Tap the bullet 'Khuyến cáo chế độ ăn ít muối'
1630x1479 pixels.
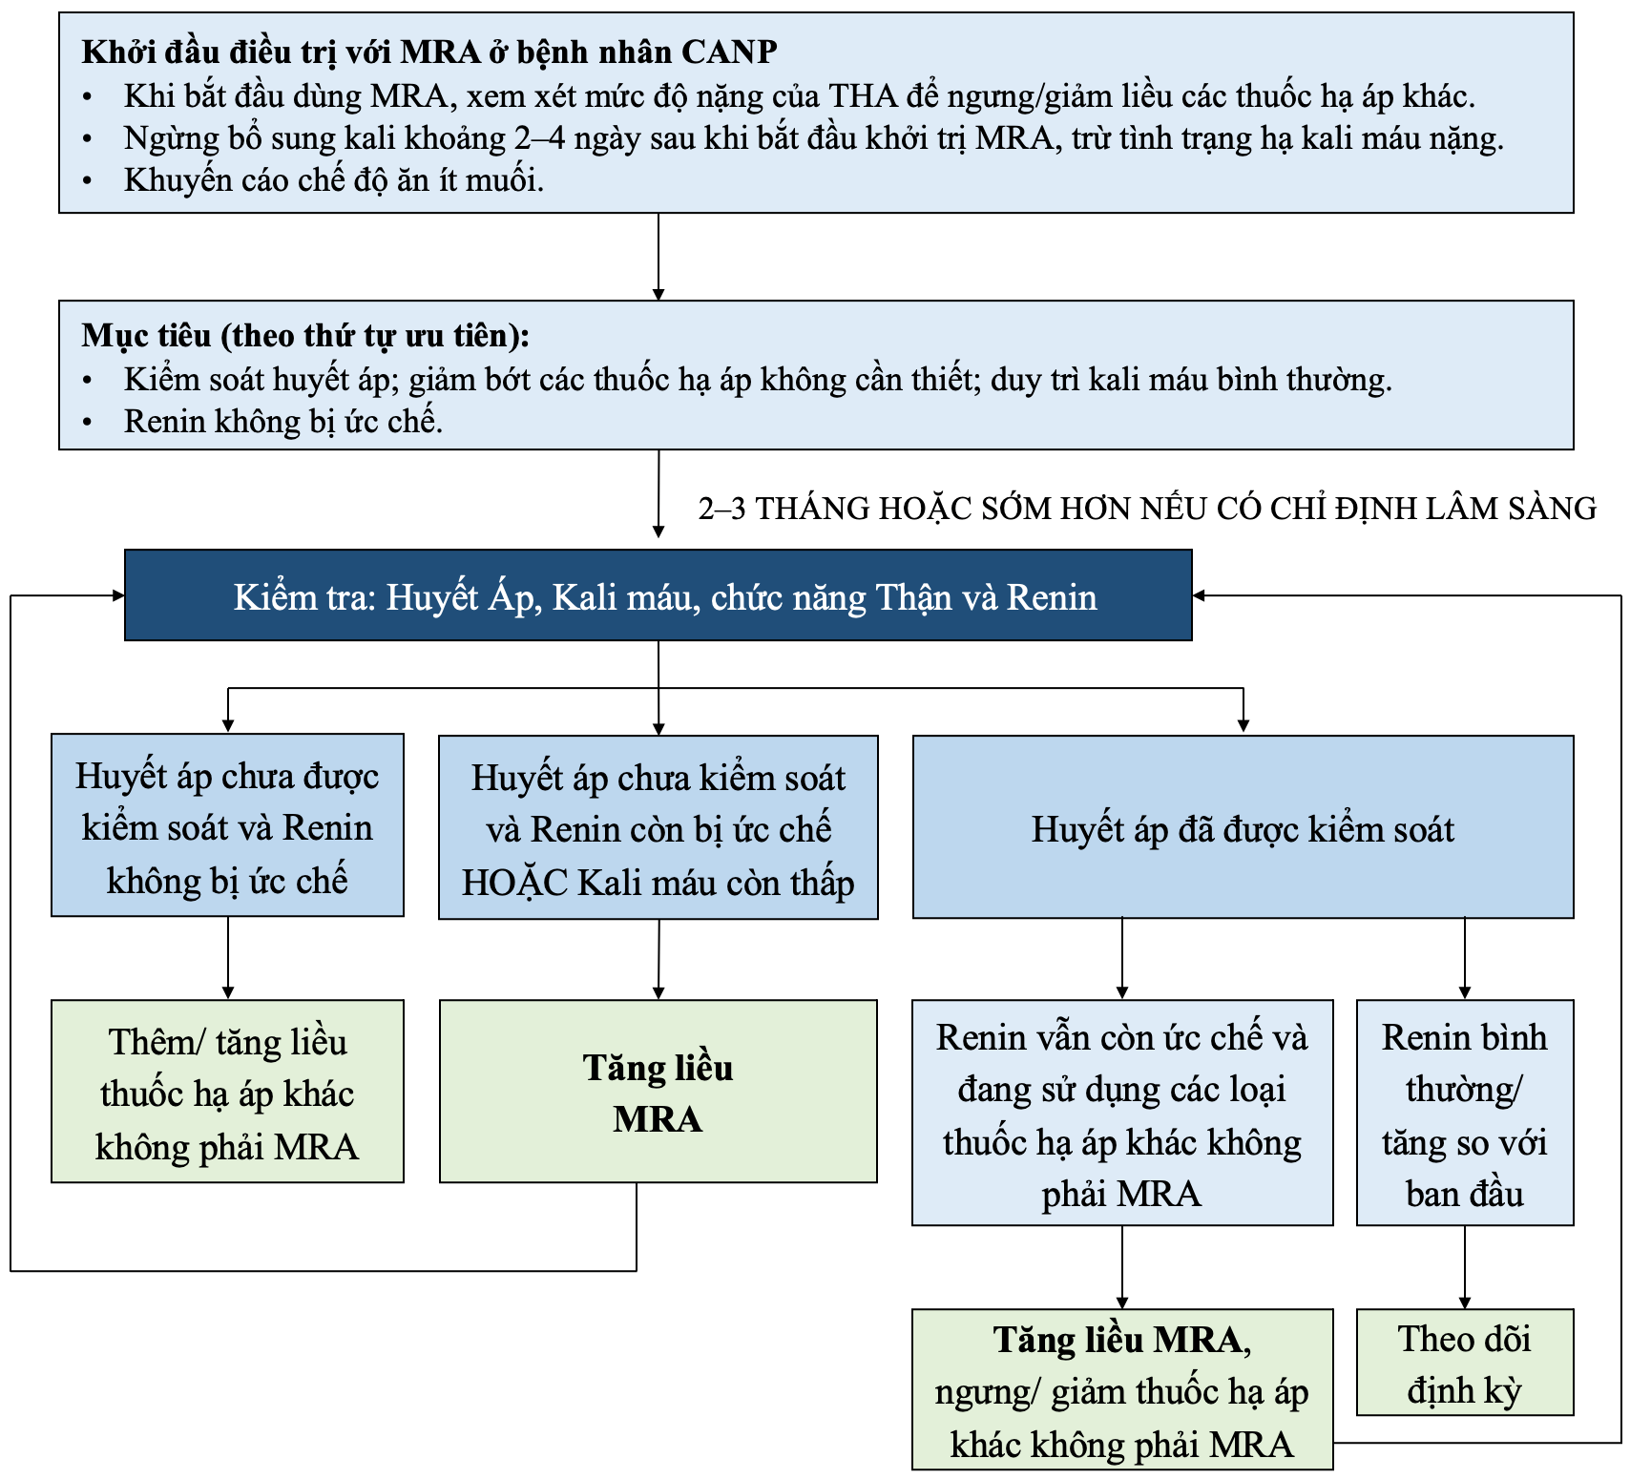pyautogui.click(x=333, y=180)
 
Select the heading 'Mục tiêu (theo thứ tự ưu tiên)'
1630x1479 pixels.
pyautogui.click(x=305, y=336)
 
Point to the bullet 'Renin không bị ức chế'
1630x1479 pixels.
pyautogui.click(x=283, y=422)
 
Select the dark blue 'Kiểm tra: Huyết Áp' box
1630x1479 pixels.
pyautogui.click(x=658, y=595)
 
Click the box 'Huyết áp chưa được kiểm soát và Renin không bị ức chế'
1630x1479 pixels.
pyautogui.click(x=227, y=826)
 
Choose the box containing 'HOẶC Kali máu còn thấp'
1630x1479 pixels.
pyautogui.click(x=658, y=828)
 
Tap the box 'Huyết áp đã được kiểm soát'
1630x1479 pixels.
pyautogui.click(x=1243, y=828)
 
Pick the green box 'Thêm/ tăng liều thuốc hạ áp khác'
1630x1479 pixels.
pyautogui.click(x=227, y=1093)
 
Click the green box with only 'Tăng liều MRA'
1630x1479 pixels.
pyautogui.click(x=658, y=1093)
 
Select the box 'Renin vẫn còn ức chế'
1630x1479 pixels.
pyautogui.click(x=1122, y=1114)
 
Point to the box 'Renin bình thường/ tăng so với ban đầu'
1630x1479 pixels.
pyautogui.click(x=1465, y=1114)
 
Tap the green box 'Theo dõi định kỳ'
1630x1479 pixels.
pyautogui.click(x=1465, y=1364)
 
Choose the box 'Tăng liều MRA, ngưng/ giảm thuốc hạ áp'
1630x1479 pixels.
pyautogui.click(x=1122, y=1391)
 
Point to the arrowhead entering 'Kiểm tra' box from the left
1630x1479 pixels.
pyautogui.click(x=117, y=595)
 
